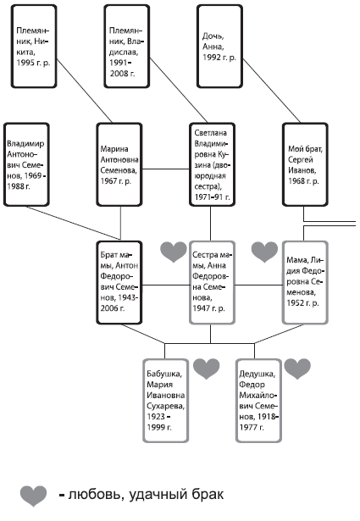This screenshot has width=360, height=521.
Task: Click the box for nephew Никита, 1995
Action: point(34,47)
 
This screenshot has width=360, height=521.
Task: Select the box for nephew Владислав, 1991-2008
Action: point(127,47)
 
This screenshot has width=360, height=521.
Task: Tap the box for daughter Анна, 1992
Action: point(220,47)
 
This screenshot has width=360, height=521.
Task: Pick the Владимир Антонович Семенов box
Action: point(26,164)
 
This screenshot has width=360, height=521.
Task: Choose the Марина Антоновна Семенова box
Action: point(119,164)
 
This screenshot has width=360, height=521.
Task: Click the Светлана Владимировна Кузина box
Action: point(213,164)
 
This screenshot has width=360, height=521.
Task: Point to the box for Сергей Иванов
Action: point(305,164)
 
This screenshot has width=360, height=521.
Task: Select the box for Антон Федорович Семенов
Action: point(119,282)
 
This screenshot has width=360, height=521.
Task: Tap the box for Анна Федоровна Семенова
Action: point(213,282)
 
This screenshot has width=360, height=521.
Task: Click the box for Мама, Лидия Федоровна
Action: point(305,282)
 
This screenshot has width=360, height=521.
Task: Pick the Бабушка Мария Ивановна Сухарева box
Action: point(166,401)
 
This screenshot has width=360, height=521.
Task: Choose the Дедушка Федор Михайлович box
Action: point(258,401)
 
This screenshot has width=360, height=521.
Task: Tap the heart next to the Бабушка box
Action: point(206,369)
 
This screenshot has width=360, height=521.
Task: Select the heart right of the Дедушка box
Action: point(297,369)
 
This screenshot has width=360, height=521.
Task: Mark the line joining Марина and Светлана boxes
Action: point(166,169)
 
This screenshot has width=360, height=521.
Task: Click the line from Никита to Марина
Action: point(85,91)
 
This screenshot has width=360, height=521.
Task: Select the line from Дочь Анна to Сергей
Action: point(272,91)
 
